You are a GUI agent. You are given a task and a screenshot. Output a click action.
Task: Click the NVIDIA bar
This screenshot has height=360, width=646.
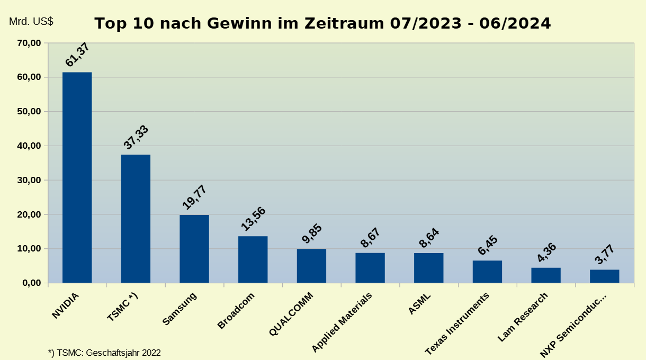click(77, 177)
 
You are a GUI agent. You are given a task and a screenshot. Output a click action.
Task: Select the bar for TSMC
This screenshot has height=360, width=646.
click(136, 219)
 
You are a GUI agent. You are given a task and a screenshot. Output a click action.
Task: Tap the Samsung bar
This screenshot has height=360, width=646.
click(194, 249)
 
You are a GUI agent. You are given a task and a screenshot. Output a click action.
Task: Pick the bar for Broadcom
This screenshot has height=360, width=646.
click(253, 259)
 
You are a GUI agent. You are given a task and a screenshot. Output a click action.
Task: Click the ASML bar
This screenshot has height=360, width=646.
click(428, 268)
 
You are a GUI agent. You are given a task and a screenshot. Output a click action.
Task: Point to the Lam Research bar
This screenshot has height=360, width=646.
click(546, 275)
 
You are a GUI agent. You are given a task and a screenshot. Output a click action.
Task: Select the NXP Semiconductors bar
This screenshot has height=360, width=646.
click(604, 276)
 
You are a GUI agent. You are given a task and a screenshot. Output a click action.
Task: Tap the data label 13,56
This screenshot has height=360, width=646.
click(253, 219)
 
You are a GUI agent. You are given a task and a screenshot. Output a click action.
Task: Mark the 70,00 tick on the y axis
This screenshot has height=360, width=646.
click(29, 43)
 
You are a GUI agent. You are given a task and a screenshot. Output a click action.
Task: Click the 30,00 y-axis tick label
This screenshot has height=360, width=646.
click(29, 180)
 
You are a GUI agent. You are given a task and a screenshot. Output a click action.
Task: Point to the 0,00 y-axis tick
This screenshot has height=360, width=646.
click(31, 283)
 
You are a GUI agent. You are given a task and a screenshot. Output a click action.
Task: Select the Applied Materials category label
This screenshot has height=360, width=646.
click(343, 321)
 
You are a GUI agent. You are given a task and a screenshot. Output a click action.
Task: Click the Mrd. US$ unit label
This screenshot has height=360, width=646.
click(31, 22)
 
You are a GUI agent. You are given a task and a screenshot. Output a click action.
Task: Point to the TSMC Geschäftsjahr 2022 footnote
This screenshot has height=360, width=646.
click(104, 352)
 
